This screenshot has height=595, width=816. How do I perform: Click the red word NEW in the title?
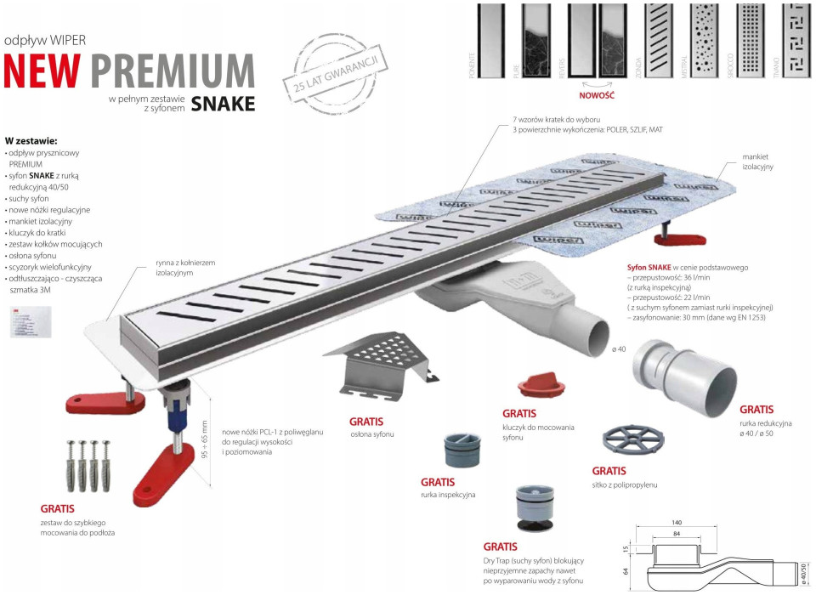pyautogui.click(x=43, y=71)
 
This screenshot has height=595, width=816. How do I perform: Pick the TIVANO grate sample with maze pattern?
pyautogui.click(x=796, y=42)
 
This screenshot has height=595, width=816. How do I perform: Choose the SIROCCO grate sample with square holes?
pyautogui.click(x=751, y=42)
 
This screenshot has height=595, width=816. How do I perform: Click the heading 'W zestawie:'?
pyautogui.click(x=31, y=140)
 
